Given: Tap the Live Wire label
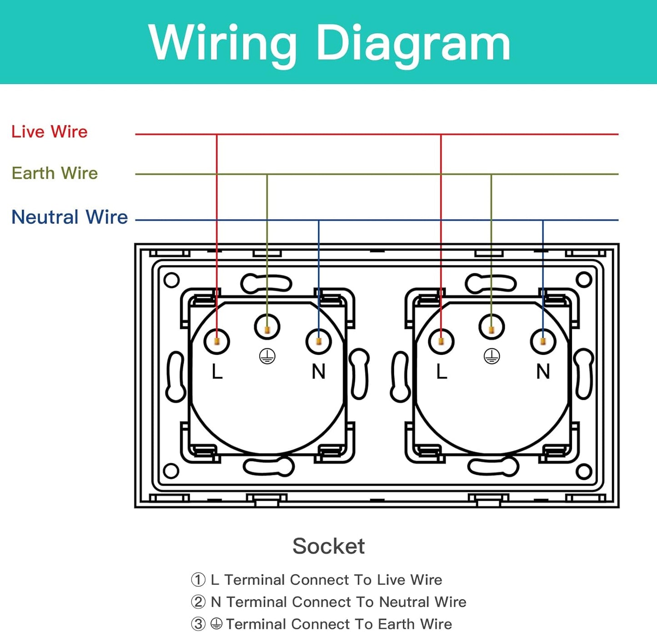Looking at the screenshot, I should [x=50, y=132].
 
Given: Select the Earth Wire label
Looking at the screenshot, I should [x=55, y=173].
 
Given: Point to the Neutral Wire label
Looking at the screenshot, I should [x=70, y=217].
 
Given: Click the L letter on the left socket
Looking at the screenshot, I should [x=217, y=372].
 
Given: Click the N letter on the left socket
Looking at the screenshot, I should [x=318, y=372].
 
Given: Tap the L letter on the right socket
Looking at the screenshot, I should [x=441, y=372].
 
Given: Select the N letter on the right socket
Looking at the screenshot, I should [x=543, y=372].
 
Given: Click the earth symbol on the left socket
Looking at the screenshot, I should [x=267, y=357].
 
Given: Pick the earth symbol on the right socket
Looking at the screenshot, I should [x=491, y=357].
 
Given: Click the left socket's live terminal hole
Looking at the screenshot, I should [x=217, y=341].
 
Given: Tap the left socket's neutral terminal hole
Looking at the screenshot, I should [x=319, y=341].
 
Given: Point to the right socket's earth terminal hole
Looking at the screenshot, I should [x=491, y=327].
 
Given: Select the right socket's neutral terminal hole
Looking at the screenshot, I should [x=543, y=341].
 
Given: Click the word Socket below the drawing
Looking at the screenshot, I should [x=328, y=546].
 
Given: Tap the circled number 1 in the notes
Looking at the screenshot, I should [x=198, y=580].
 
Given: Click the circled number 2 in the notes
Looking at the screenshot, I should [x=198, y=602].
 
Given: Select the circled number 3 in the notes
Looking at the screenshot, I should [x=198, y=624].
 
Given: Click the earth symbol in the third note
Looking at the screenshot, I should [x=216, y=624].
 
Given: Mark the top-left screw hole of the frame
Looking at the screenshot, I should [x=171, y=280].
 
